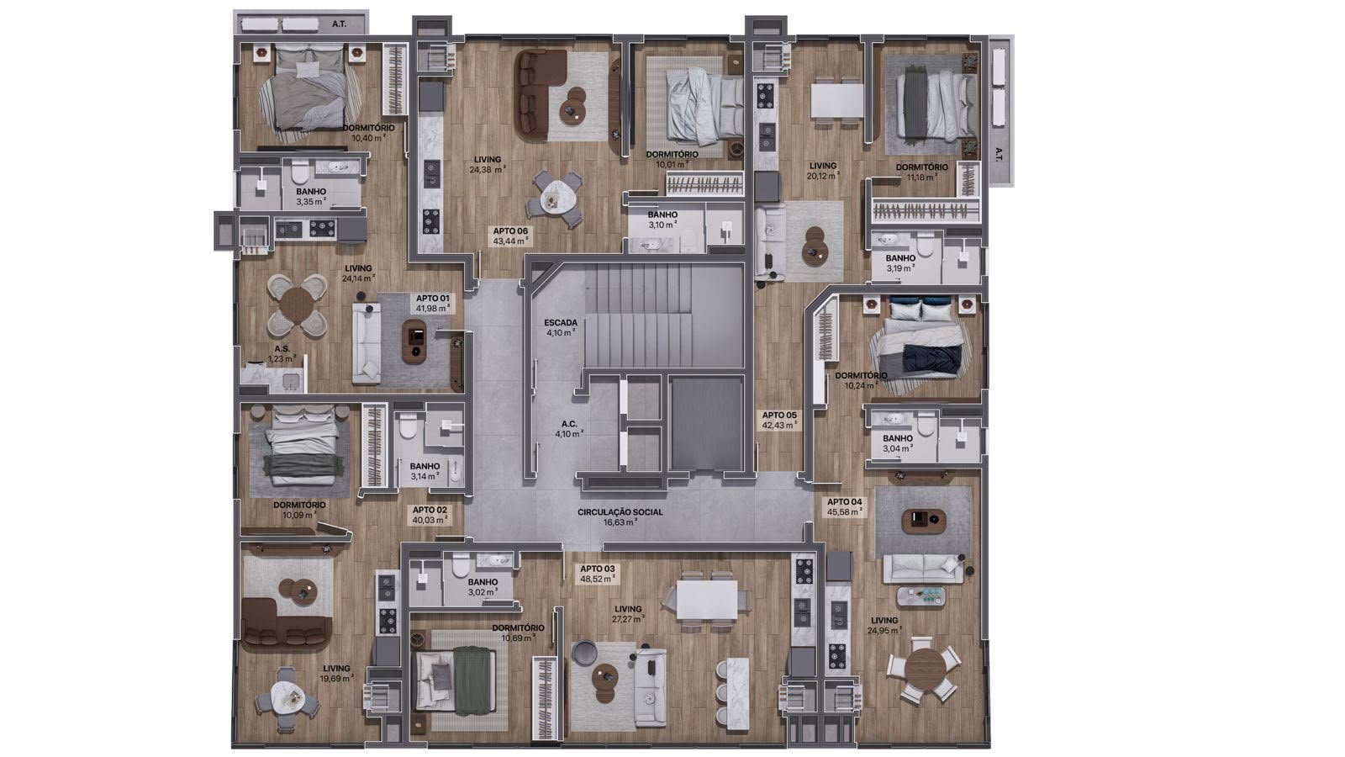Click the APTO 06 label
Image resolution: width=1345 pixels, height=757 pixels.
click(x=510, y=230)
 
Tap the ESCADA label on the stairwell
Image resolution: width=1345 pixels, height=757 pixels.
click(x=561, y=323)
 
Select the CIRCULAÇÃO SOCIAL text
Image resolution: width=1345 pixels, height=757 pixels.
click(x=620, y=512)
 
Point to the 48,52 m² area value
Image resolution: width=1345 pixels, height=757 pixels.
click(x=598, y=580)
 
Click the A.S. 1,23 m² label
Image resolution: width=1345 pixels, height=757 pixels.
click(x=282, y=353)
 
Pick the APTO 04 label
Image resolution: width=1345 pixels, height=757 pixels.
click(x=844, y=501)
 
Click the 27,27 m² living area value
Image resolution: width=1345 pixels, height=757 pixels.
click(x=628, y=619)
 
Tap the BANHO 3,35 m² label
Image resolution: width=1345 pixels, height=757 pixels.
click(x=311, y=197)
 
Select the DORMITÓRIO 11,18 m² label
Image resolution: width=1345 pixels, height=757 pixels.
click(x=921, y=172)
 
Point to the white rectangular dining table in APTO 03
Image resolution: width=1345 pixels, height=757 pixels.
click(x=707, y=600)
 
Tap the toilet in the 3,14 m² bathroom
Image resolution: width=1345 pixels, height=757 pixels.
click(x=408, y=428)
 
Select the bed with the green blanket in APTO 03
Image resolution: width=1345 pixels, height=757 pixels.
click(x=457, y=680)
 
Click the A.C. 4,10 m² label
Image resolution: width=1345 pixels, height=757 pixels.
click(x=568, y=428)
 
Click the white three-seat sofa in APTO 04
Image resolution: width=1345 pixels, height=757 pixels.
click(x=923, y=569)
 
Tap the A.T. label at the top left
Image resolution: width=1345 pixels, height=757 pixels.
click(x=340, y=24)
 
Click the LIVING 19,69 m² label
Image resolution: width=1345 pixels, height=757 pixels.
click(x=336, y=673)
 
